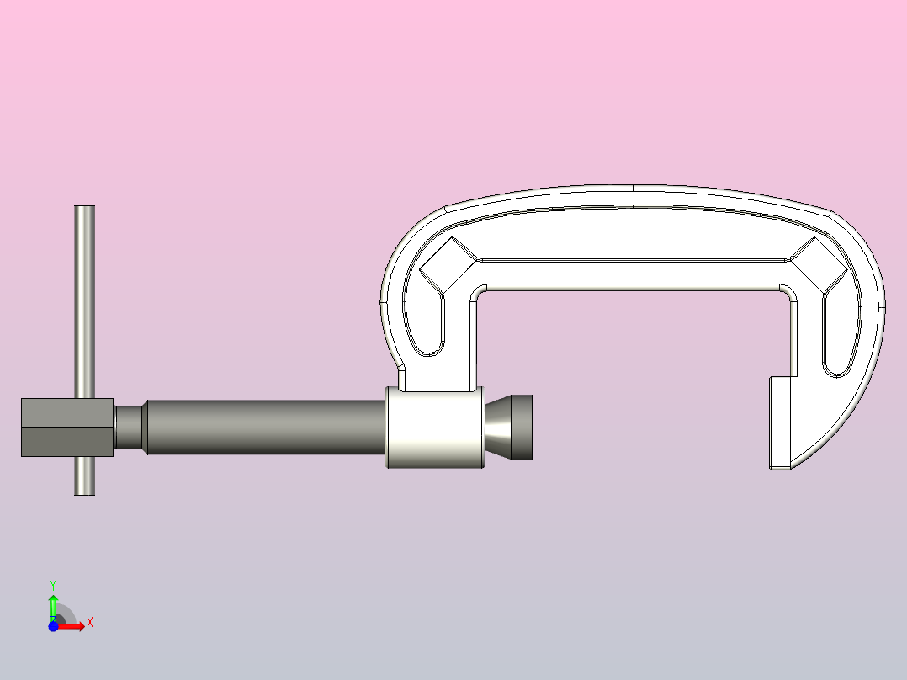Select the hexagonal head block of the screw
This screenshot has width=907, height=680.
(x=66, y=428)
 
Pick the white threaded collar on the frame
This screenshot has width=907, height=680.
(x=435, y=428)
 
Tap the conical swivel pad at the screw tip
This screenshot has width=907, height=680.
(x=510, y=427)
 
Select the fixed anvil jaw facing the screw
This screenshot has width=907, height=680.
(x=780, y=422)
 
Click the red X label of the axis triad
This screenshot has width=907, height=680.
(x=89, y=623)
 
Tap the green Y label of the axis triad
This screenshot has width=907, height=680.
(x=52, y=584)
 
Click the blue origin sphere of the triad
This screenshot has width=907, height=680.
(x=53, y=627)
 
